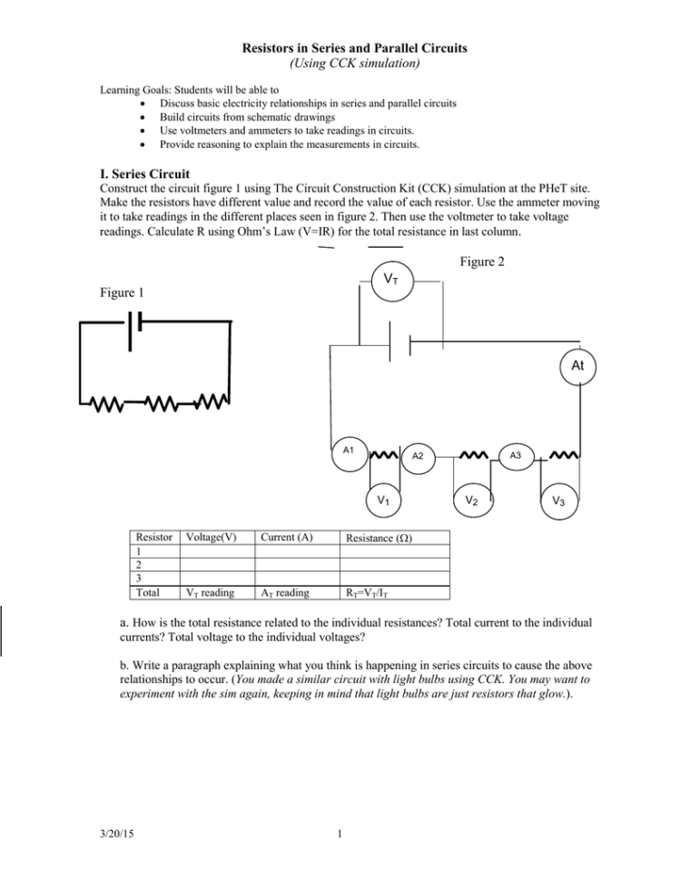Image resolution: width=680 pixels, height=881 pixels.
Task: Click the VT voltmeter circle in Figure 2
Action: pyautogui.click(x=397, y=278)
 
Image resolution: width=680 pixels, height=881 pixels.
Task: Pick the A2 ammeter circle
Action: pyautogui.click(x=419, y=456)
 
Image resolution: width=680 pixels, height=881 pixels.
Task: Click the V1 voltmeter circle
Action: pyautogui.click(x=384, y=500)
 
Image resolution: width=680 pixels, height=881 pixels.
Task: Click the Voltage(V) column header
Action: pyautogui.click(x=211, y=537)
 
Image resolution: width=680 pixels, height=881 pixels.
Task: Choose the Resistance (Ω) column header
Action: pyautogui.click(x=376, y=538)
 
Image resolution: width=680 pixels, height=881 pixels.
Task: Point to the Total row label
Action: pyautogui.click(x=147, y=591)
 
